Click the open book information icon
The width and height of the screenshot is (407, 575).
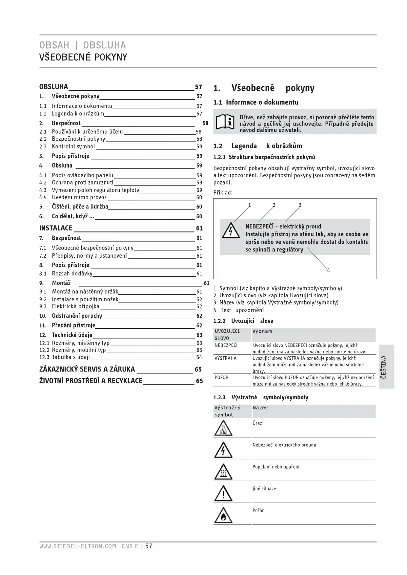(225, 122)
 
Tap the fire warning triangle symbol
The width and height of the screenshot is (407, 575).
(223, 515)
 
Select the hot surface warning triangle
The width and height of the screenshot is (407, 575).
(223, 472)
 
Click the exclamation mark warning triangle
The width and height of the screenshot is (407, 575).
(223, 494)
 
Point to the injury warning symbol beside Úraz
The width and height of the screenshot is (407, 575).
(223, 428)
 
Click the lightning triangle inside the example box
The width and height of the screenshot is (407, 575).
(231, 230)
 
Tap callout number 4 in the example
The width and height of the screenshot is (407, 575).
(328, 270)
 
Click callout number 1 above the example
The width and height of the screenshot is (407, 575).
(249, 205)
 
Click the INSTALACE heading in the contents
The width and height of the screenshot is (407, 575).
(56, 228)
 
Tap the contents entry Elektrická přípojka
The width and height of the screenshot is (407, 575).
(75, 307)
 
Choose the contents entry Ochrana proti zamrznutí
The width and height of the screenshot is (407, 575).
(83, 183)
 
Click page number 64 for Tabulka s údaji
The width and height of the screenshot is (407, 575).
(199, 357)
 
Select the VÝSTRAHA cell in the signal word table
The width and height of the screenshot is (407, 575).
(226, 358)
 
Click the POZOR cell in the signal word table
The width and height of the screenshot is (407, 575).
(222, 378)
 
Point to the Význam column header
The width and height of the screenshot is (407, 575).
(262, 331)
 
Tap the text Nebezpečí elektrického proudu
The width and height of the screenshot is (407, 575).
(284, 445)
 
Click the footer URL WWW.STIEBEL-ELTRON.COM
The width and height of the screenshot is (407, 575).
(78, 546)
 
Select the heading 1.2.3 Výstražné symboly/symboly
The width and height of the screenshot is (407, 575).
(261, 397)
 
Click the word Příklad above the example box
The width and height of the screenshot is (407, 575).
(223, 192)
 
